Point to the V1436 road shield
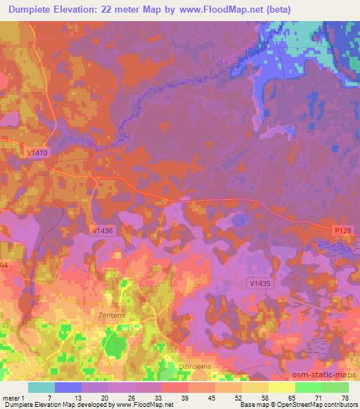pyautogui.click(x=102, y=230)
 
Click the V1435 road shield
pyautogui.click(x=259, y=283)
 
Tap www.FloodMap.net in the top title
pyautogui.click(x=216, y=10)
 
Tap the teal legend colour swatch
pyautogui.click(x=41, y=387)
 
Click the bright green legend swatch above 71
pyautogui.click(x=309, y=387)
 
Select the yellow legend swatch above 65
pyautogui.click(x=282, y=387)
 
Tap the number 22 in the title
pyautogui.click(x=108, y=10)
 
